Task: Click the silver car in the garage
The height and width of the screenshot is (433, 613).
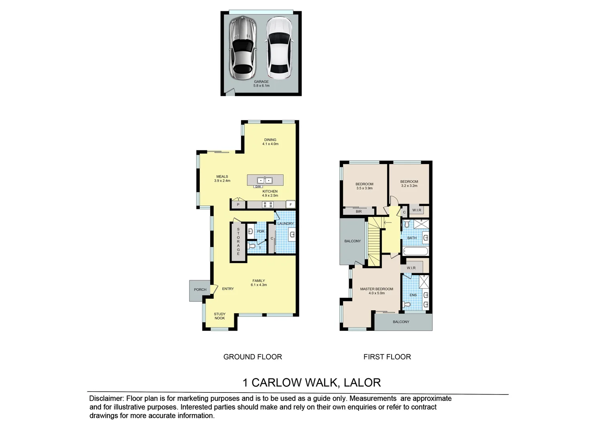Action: tap(242, 48)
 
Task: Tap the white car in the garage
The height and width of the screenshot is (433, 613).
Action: tap(280, 48)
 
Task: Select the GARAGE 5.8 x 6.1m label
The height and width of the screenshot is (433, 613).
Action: tap(261, 83)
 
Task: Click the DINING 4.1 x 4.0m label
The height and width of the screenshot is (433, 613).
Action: tap(270, 142)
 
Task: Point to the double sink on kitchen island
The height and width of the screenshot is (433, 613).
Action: tap(265, 180)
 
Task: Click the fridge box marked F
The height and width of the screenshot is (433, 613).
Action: tap(291, 205)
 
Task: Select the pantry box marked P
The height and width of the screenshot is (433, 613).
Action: tap(238, 205)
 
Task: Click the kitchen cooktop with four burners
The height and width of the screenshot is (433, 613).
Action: tap(268, 205)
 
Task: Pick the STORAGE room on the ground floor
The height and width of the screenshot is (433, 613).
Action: tap(238, 242)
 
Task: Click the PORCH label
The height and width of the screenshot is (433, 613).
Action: tap(200, 289)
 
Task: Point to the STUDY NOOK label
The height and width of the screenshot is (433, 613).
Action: tap(219, 316)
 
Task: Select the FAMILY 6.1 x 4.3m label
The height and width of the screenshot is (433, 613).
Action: tap(258, 283)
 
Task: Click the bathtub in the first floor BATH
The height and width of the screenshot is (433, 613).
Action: tap(416, 252)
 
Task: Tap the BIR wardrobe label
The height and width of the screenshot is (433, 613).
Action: tap(359, 211)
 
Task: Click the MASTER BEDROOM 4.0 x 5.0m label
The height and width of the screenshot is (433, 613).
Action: tap(376, 291)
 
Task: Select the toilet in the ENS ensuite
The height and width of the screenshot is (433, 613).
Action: tap(408, 305)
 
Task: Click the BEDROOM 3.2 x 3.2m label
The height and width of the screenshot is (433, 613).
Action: tap(409, 184)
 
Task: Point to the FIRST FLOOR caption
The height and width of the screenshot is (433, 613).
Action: tap(387, 356)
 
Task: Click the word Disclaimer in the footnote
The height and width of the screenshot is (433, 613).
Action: tap(106, 399)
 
